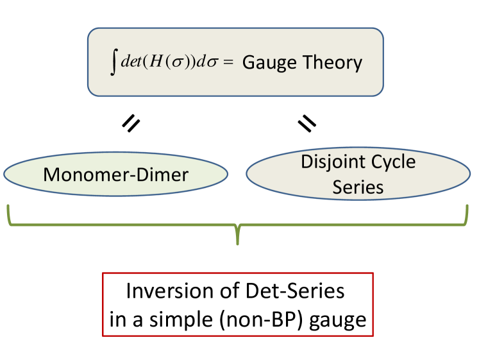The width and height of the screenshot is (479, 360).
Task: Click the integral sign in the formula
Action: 113,63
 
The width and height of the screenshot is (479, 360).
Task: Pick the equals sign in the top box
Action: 229,64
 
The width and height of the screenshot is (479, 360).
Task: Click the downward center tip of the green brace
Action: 238,243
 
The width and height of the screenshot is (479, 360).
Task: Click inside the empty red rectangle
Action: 238,304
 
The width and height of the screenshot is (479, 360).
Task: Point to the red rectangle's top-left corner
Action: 103,273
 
